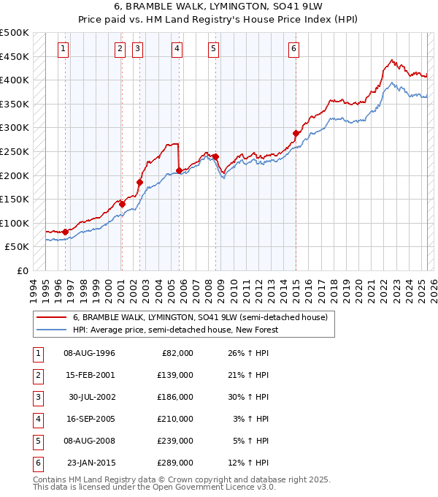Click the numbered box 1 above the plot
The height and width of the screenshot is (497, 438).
64,49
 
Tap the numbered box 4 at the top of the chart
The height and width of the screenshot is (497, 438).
177,49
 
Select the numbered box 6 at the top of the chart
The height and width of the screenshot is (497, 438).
293,49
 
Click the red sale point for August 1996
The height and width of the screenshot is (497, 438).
66,232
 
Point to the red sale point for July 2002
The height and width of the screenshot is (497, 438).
139,182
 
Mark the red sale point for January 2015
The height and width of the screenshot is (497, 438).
296,133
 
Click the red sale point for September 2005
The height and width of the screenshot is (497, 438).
179,170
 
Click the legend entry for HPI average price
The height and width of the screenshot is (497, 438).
175,330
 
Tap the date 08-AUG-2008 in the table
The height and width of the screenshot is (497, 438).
89,441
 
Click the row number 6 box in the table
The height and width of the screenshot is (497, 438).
37,463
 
